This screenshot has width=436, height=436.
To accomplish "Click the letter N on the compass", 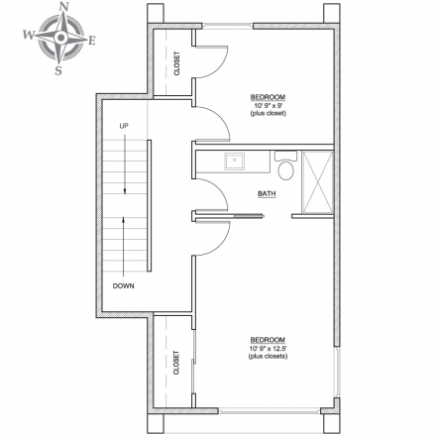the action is pos(63,7).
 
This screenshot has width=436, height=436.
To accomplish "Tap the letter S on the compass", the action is pos(58,70).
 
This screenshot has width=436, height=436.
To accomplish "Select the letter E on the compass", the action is pos(92,41).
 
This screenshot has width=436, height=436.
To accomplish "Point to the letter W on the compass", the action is pos(29,34).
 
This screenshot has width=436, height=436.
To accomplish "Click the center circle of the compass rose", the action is pos(60,38).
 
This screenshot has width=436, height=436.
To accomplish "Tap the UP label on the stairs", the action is pos(124,126).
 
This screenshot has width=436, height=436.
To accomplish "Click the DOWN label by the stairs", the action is pos(124,286).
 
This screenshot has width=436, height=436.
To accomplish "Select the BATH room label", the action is pos(267,194).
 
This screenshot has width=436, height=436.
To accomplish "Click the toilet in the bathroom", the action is pos(286,165).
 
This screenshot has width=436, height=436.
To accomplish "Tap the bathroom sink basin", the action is pos(235,161).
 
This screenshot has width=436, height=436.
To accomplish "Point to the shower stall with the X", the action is pos(318,181).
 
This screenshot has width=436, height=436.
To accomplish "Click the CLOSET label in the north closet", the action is pos(177,63).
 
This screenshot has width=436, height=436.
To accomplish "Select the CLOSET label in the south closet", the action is pos(176,363).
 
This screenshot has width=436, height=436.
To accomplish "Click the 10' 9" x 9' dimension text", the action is pos(268,106).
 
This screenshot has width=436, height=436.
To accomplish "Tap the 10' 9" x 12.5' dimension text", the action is pos(268,349).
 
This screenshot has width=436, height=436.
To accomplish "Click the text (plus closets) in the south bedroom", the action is pos(268,357).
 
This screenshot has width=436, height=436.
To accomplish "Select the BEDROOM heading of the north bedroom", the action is pos(268,97).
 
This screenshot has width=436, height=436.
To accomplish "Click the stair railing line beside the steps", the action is pos(150,205).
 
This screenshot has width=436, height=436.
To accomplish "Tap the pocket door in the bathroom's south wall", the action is pos(248,216).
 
